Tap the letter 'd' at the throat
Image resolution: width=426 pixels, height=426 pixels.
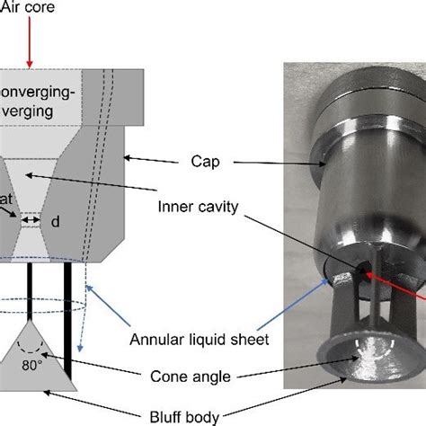pos(55,219)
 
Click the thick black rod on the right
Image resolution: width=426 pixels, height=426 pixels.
pos(67,292)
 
